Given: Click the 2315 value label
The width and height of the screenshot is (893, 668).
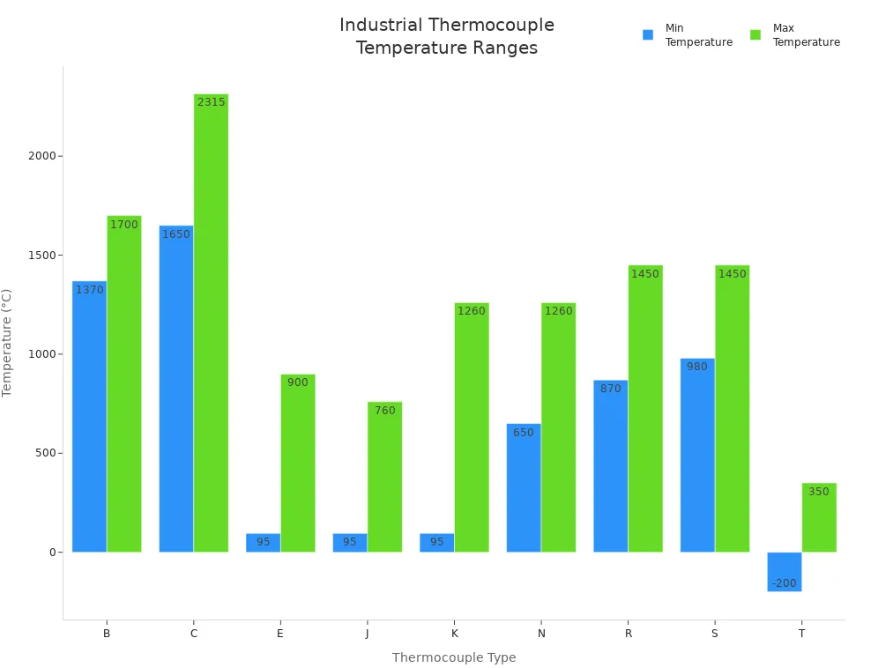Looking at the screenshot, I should tap(211, 102).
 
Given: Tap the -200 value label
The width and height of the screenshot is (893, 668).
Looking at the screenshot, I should tap(784, 583).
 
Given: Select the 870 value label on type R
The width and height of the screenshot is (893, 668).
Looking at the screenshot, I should tap(610, 389).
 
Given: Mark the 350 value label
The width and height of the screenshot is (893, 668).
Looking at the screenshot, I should tap(818, 492).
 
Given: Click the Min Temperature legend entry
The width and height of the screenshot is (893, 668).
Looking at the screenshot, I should tap(688, 35).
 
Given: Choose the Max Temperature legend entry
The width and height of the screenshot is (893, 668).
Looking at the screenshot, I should tap(795, 35).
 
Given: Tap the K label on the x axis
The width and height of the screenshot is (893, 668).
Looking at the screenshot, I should tap(454, 634).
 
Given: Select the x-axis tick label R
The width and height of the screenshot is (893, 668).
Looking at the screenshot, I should tap(628, 634).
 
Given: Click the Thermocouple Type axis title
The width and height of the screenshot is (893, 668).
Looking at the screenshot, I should tap(454, 657).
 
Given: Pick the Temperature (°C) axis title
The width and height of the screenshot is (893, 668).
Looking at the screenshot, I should tap(8, 343).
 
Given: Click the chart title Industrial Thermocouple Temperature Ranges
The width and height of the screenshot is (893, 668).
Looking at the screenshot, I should tap(447, 36).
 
